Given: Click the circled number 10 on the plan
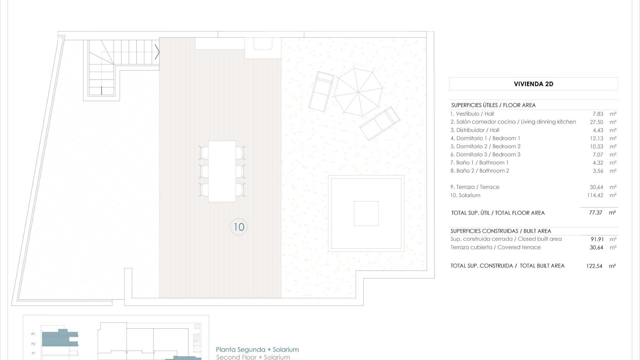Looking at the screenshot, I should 239,227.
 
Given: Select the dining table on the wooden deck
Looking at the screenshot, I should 222,171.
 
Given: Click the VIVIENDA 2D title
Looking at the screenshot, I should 533,84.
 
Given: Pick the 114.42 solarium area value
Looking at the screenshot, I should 595,195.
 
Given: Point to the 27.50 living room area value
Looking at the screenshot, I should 596,122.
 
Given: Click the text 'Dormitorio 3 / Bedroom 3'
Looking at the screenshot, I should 485,155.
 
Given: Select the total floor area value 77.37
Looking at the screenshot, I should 596,213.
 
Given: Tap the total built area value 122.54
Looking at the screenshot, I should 594,266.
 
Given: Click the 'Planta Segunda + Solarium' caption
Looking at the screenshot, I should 257,350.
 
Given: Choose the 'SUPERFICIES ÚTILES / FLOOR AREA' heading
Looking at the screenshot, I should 493,105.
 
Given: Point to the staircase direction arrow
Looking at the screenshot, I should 157,52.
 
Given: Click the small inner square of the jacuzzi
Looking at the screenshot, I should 366,214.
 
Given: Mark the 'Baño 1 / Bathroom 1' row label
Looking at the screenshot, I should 479,163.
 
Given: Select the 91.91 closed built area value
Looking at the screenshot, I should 597,239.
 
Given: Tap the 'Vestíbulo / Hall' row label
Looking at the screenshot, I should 472,114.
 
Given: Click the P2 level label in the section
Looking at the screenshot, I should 33,344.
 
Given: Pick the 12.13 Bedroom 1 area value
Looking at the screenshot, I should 596,138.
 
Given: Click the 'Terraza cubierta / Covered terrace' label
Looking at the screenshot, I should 495,247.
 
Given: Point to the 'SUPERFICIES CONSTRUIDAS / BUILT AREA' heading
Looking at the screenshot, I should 501,231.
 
